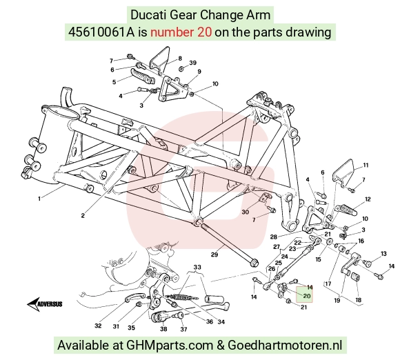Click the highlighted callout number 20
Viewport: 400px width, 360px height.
(307, 296)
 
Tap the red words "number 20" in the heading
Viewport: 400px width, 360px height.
(181, 32)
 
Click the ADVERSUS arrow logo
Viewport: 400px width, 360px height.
(45, 304)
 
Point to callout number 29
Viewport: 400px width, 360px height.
(214, 254)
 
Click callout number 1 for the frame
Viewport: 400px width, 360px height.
(39, 199)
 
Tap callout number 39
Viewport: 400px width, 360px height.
(193, 63)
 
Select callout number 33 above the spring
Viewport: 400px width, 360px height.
(197, 267)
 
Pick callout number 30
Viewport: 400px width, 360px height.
(245, 212)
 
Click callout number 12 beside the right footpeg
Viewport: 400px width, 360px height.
(368, 199)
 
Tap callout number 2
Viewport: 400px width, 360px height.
(83, 216)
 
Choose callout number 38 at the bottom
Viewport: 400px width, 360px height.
(163, 329)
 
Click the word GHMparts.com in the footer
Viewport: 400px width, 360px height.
(170, 346)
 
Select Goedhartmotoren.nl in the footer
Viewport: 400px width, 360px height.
(285, 346)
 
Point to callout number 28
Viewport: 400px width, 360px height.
(274, 237)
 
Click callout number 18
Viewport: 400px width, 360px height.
(359, 300)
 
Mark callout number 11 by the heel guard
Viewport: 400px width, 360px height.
(366, 166)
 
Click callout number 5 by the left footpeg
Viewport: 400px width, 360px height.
(114, 82)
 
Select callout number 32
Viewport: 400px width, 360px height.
(98, 326)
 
